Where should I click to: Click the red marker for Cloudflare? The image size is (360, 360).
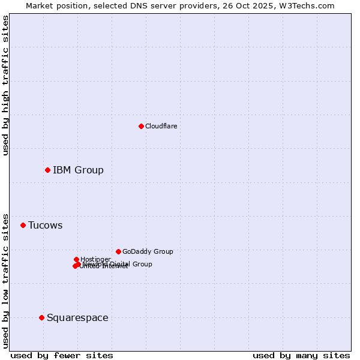click(141, 126)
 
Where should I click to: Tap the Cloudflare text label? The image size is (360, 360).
click(161, 126)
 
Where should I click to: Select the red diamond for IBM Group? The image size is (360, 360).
click(47, 170)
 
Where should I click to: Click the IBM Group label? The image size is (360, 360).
click(78, 170)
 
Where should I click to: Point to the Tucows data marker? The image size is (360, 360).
click(23, 226)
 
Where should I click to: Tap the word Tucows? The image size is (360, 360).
click(45, 226)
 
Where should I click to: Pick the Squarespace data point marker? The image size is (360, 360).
click(41, 317)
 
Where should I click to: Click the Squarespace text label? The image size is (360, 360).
click(77, 318)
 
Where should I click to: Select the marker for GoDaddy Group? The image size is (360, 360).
click(118, 251)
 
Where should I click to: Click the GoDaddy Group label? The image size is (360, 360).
click(148, 252)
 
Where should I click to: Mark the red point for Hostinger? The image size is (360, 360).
click(76, 259)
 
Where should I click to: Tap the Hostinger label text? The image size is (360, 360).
click(95, 259)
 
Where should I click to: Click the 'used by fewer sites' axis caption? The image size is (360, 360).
click(62, 355)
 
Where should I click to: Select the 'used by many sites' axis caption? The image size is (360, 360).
click(301, 355)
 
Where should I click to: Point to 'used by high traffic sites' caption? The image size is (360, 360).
click(6, 85)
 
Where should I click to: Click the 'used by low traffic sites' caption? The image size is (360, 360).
click(6, 280)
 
